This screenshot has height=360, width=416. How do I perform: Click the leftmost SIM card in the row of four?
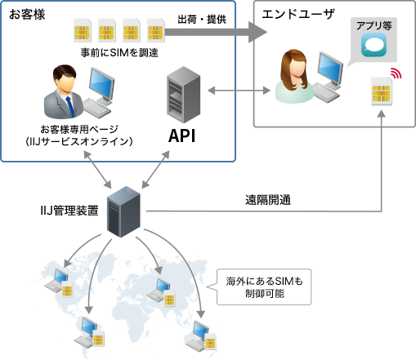(82, 31)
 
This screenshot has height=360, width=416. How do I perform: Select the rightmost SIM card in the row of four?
(155, 31)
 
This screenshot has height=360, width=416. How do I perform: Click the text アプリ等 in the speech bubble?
(371, 25)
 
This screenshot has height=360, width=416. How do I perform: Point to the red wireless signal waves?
(396, 74)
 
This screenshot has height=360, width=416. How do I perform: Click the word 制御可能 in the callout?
(265, 293)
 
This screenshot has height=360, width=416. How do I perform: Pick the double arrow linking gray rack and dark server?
(154, 169)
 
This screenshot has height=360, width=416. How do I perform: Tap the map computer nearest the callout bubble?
(163, 290)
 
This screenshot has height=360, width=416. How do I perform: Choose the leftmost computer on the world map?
(61, 281)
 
